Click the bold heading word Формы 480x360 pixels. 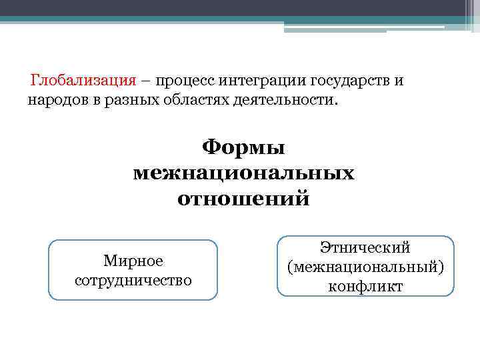point(243,147)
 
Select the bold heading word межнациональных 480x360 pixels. point(243,173)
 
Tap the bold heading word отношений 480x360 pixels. point(243,199)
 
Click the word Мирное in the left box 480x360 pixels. point(133,261)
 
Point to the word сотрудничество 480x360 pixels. point(133,279)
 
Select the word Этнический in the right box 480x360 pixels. point(365,248)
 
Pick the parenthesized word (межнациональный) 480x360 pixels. point(365,267)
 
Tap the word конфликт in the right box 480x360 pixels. point(365,287)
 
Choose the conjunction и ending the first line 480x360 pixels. point(399,81)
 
